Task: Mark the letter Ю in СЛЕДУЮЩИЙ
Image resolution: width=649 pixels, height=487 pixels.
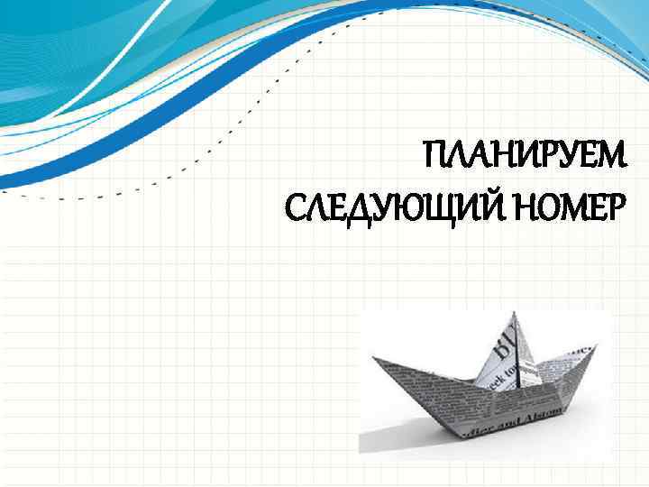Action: click(x=402, y=211)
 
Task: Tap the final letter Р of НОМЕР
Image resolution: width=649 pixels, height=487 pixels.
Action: click(x=613, y=211)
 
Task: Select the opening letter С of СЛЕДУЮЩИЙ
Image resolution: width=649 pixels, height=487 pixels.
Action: click(x=294, y=211)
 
